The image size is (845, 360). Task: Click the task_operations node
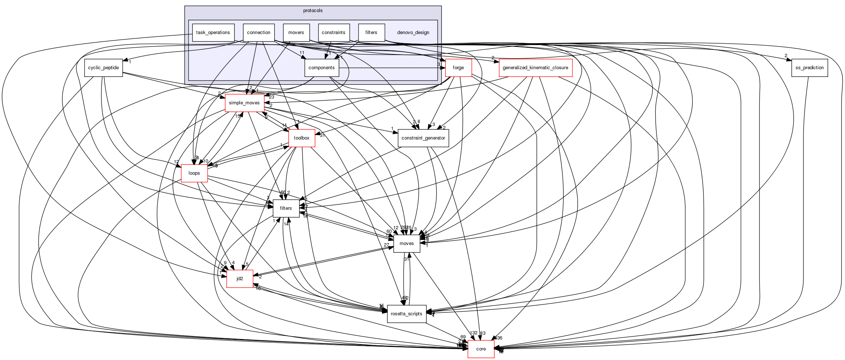pyautogui.click(x=213, y=33)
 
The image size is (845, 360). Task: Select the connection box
pyautogui.click(x=259, y=33)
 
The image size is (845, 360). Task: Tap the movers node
pyautogui.click(x=296, y=33)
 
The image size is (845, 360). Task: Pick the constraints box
pyautogui.click(x=333, y=33)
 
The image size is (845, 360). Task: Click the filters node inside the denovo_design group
pyautogui.click(x=371, y=33)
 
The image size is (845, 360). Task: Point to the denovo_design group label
pyautogui.click(x=413, y=33)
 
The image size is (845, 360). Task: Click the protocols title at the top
pyautogui.click(x=313, y=11)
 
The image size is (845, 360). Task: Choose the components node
pyautogui.click(x=322, y=68)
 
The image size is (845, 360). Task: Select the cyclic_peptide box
pyautogui.click(x=103, y=68)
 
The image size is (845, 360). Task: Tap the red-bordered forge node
pyautogui.click(x=458, y=68)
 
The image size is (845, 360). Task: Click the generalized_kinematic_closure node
pyautogui.click(x=535, y=68)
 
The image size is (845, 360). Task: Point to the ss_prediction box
pyautogui.click(x=809, y=68)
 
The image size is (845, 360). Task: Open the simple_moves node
pyautogui.click(x=244, y=103)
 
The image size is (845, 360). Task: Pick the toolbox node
pyautogui.click(x=302, y=138)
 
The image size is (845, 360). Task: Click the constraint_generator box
pyautogui.click(x=423, y=138)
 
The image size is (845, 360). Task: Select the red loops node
pyautogui.click(x=194, y=173)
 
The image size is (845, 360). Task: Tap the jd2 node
pyautogui.click(x=240, y=279)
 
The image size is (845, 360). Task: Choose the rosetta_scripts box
pyautogui.click(x=407, y=314)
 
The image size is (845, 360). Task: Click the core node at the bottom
pyautogui.click(x=481, y=349)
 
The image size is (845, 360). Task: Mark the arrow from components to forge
pyautogui.click(x=392, y=68)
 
